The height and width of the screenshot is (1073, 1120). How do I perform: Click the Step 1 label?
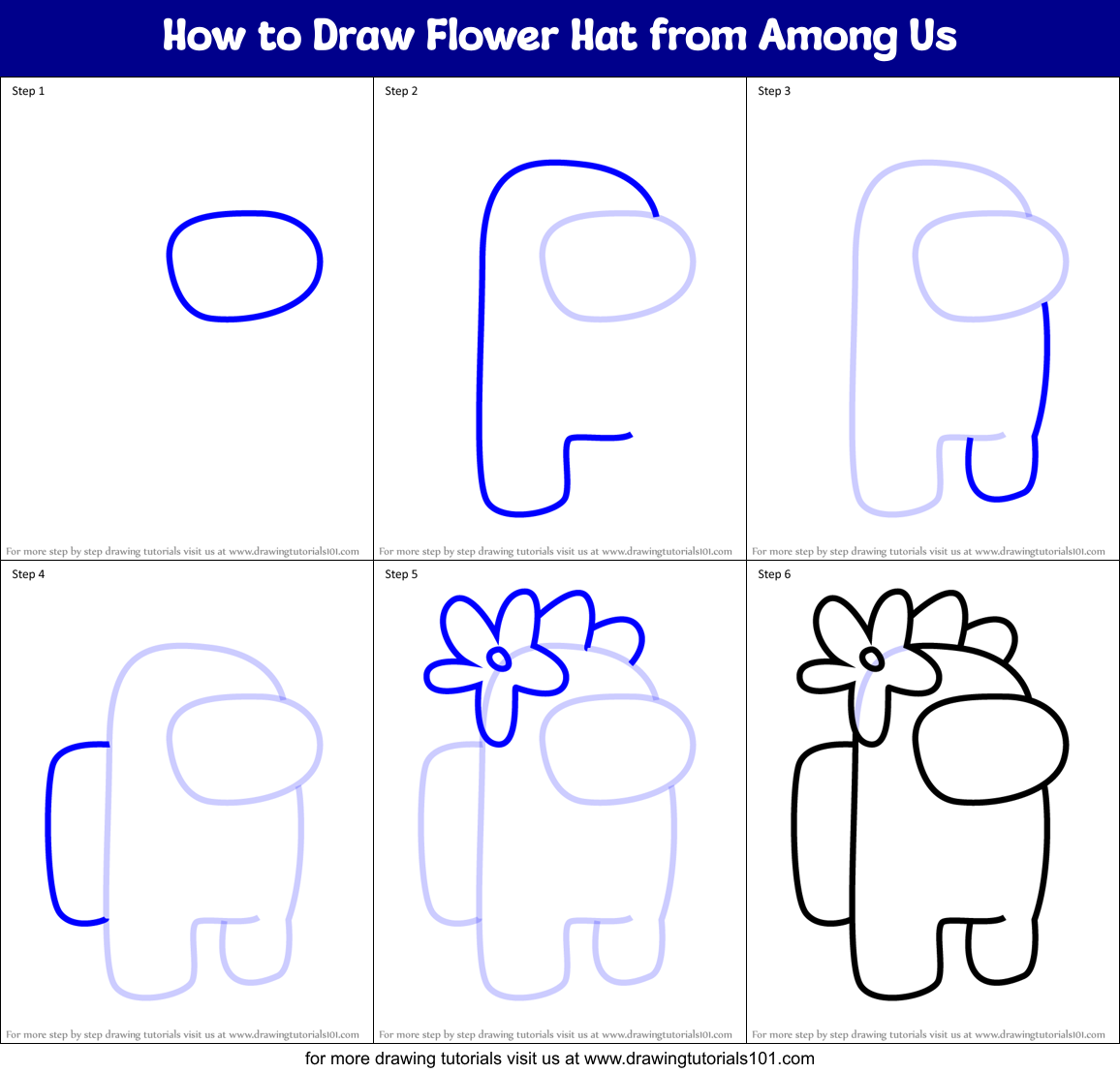pyautogui.click(x=28, y=91)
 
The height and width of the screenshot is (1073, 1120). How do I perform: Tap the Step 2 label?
pyautogui.click(x=401, y=91)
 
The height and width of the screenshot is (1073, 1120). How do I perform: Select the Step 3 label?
pyautogui.click(x=774, y=91)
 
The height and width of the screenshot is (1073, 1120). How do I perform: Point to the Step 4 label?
pyautogui.click(x=28, y=574)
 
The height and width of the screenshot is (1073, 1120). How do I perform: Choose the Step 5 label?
pyautogui.click(x=401, y=574)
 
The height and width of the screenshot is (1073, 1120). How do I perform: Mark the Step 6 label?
pyautogui.click(x=774, y=574)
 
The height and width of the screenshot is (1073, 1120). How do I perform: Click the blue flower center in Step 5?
pyautogui.click(x=499, y=659)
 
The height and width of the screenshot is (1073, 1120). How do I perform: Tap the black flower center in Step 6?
pyautogui.click(x=872, y=659)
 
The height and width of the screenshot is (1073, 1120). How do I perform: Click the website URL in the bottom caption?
pyautogui.click(x=700, y=1058)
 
